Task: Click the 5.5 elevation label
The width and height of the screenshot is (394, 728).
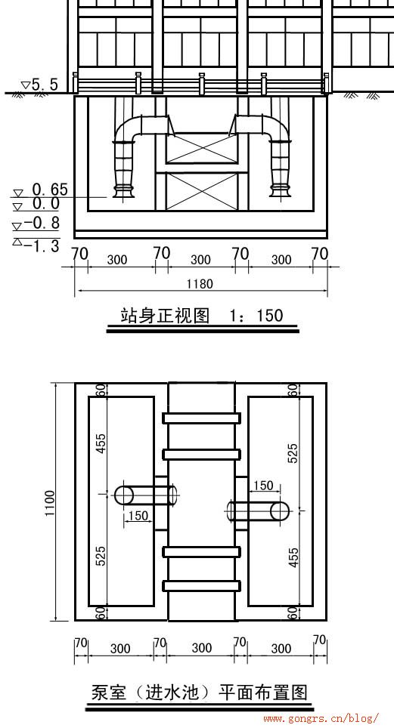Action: click(x=45, y=85)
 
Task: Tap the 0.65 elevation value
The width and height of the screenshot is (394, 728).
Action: click(x=50, y=190)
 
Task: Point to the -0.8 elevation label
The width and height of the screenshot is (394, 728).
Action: click(x=42, y=224)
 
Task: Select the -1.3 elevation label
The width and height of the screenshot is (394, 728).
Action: click(x=42, y=245)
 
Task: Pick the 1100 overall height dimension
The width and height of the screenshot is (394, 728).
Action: click(x=50, y=502)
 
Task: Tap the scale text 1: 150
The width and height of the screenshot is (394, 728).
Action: click(x=256, y=316)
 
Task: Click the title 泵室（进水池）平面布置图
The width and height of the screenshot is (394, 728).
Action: click(x=198, y=693)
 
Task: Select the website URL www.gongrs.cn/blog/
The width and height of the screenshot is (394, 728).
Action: click(x=321, y=719)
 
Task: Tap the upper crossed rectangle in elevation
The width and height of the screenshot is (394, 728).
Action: click(x=201, y=148)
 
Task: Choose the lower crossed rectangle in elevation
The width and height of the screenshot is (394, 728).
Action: click(x=201, y=192)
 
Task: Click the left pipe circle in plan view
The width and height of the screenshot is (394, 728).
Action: click(x=124, y=495)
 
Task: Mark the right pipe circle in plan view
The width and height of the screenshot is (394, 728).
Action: click(x=280, y=511)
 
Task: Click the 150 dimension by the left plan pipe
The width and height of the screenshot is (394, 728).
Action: click(x=138, y=515)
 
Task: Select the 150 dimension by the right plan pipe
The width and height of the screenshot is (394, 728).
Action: click(x=263, y=486)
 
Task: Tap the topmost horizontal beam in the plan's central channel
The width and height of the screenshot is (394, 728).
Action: click(x=201, y=418)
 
